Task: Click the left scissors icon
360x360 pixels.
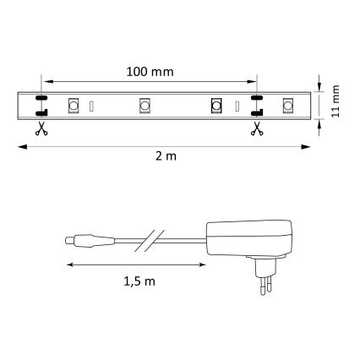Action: [40, 128]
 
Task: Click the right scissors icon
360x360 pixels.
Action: [255, 128]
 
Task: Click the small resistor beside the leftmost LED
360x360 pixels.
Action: [92, 106]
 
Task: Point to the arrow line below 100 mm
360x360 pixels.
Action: [148, 81]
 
